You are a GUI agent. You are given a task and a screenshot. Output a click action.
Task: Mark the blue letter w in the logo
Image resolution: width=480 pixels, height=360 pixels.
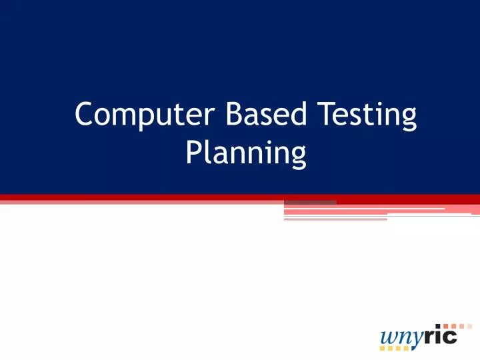[386, 337]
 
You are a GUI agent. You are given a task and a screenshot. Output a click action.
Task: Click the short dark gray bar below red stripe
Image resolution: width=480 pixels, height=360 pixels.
[310, 201]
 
